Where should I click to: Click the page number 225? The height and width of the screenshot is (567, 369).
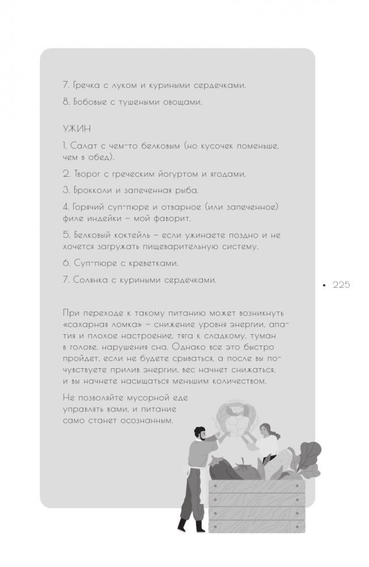(341, 285)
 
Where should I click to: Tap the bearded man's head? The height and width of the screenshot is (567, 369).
(200, 434)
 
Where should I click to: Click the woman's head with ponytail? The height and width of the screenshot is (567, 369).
(266, 431)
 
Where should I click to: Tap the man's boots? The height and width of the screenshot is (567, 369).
(191, 526)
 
